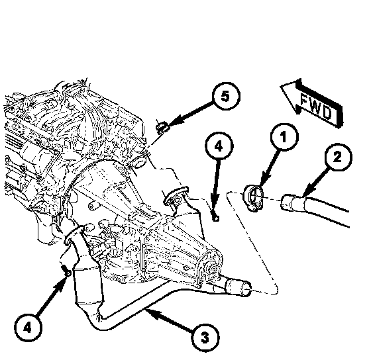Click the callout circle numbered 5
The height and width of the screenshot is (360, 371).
(x=226, y=96)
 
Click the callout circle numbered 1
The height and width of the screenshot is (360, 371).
(x=284, y=136)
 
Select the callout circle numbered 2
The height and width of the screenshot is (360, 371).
(x=337, y=157)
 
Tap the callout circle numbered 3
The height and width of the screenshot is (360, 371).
(x=205, y=337)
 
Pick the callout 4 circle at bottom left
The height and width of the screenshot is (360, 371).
(x=28, y=328)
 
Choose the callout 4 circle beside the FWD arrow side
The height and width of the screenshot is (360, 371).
(x=219, y=146)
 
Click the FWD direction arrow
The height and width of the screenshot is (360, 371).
(x=312, y=104)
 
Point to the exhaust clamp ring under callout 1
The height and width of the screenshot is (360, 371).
(x=253, y=198)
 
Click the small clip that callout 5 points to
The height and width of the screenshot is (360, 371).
(x=162, y=127)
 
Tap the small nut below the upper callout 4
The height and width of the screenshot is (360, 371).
(x=215, y=217)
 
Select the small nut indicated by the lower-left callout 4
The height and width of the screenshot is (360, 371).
(x=67, y=272)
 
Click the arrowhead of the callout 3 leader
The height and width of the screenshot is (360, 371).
(x=153, y=313)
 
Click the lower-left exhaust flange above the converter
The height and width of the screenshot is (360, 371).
(x=74, y=234)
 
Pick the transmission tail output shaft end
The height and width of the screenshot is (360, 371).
(x=212, y=268)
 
